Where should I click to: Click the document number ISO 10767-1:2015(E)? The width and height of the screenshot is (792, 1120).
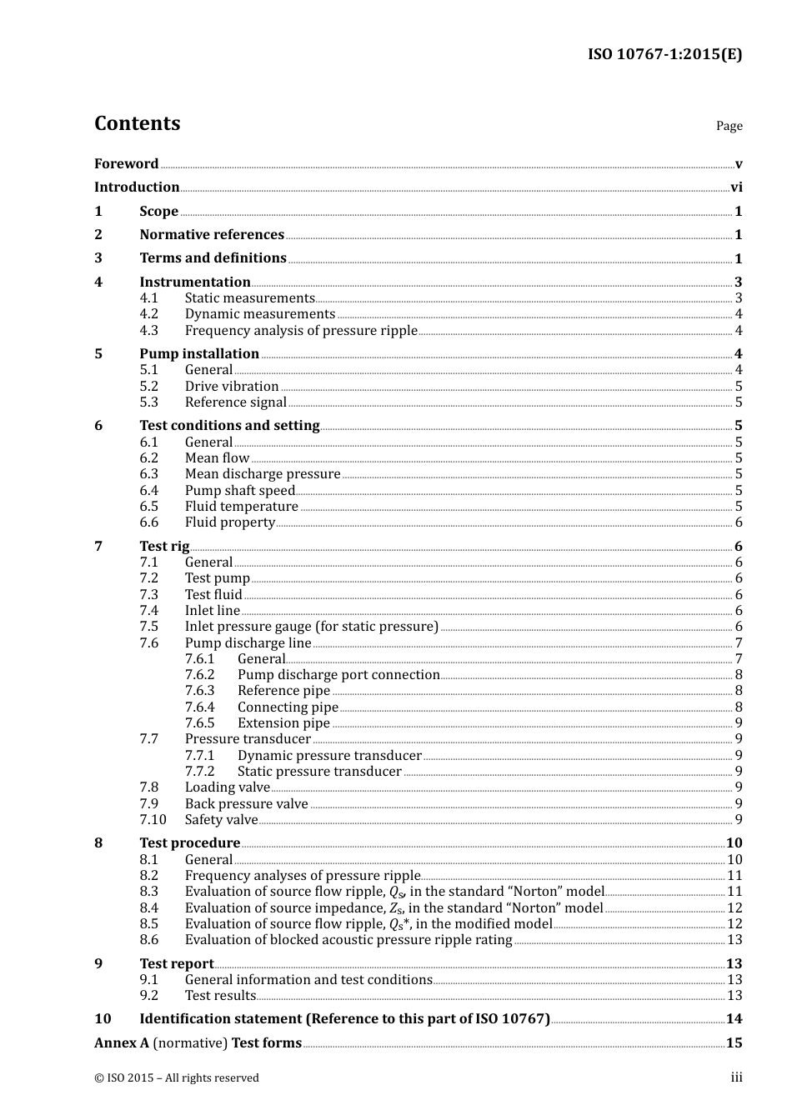point(664,55)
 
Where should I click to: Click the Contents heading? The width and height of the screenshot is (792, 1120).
point(137,123)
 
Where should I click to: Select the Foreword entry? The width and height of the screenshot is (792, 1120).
point(126,164)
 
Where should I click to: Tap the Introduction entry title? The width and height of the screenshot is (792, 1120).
point(137,187)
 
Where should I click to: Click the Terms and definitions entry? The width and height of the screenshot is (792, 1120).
point(213,258)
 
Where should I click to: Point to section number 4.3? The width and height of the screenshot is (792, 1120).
point(148,331)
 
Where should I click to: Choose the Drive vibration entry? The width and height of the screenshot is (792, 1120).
point(232,387)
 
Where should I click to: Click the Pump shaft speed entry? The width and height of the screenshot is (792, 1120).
point(240,491)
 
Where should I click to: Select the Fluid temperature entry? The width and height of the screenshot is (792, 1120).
point(241,507)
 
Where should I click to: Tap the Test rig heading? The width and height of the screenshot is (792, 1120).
point(164,547)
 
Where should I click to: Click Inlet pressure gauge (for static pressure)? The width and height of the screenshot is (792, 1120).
point(311,627)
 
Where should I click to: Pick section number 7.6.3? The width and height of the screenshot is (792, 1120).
point(199,691)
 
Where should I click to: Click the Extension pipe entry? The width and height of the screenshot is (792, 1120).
point(283,723)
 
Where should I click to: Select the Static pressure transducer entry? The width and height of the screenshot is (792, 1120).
point(319,772)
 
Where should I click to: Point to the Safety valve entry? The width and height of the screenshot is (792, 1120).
point(221,820)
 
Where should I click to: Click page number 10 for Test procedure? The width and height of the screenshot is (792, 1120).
point(734,843)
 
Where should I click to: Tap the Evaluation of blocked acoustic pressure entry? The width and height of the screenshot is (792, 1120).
point(348,940)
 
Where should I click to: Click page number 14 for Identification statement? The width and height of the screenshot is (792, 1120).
point(734,1019)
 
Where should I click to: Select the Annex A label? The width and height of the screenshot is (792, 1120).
point(121,1043)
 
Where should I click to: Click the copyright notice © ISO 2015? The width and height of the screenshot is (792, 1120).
point(177,1078)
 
